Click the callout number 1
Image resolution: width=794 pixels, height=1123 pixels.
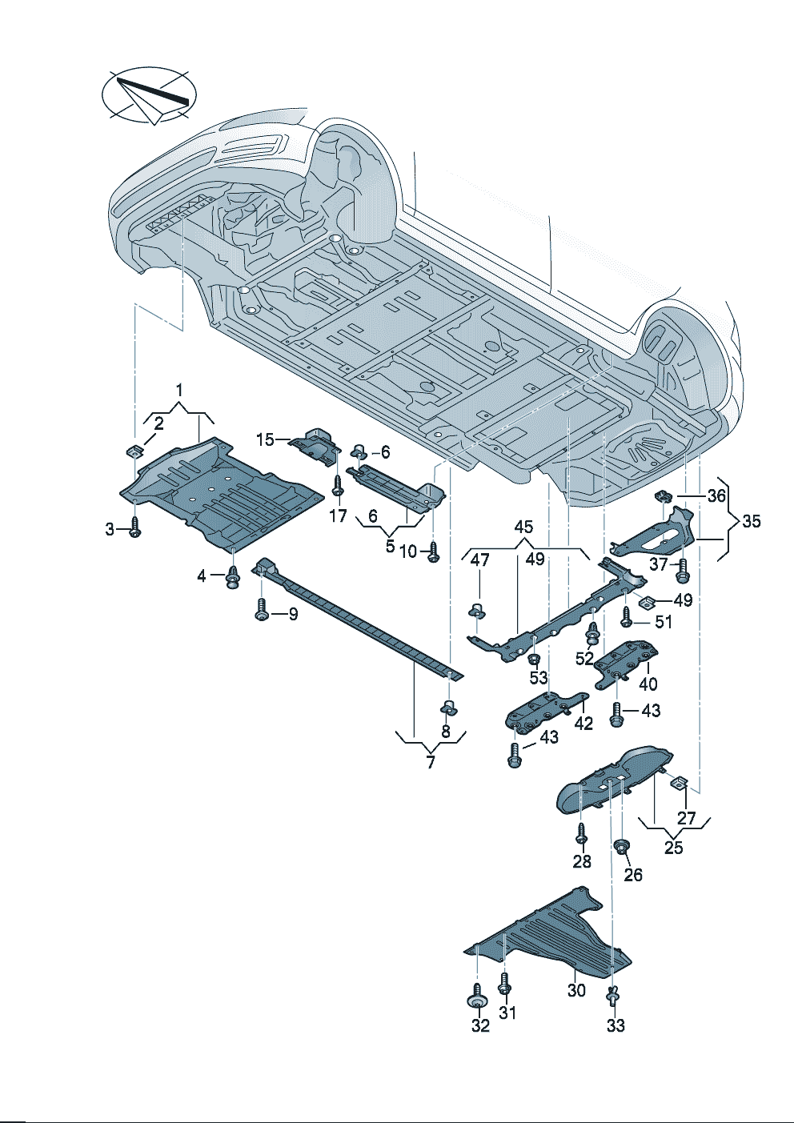pos(179,391)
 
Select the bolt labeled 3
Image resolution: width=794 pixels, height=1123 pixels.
pos(135,529)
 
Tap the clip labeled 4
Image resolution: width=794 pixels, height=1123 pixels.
pos(234,576)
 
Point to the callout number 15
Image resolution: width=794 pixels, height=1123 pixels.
pos(265,439)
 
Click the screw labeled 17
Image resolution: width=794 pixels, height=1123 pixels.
pos(338,483)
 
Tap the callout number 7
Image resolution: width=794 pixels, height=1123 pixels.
pos(431,762)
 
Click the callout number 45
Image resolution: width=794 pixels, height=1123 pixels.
pos(523,527)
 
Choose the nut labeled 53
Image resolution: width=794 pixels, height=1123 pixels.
pos(532,658)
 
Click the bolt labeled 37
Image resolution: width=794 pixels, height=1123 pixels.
pos(683,571)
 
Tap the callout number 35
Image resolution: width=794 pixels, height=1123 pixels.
pos(751,522)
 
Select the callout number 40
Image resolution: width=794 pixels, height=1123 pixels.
pos(648,684)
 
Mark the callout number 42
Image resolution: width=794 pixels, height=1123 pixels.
pos(584,722)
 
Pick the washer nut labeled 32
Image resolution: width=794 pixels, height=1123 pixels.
pos(477,1002)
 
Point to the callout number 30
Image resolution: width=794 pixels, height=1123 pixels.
pos(576,990)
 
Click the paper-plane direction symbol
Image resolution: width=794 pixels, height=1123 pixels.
pos(150,97)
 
